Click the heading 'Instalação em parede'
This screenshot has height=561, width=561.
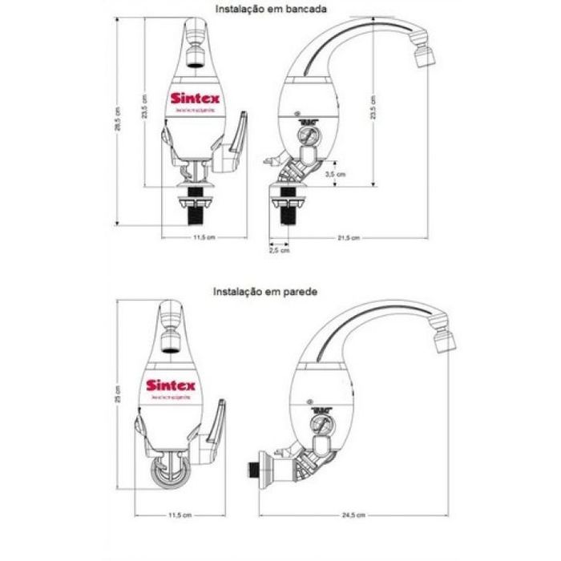pyautogui.click(x=266, y=293)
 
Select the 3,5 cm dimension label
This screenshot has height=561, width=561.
pyautogui.click(x=337, y=173)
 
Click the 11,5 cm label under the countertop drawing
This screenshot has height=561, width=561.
pyautogui.click(x=197, y=237)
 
